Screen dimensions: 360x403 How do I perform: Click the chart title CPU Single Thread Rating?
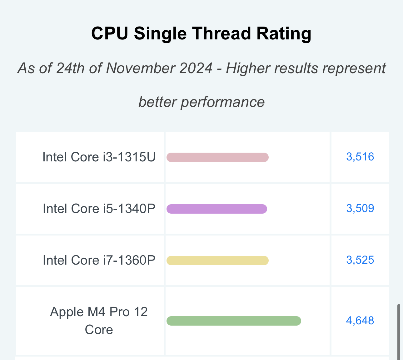(x=201, y=33)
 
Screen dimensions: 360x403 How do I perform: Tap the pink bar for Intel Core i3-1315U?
(x=217, y=157)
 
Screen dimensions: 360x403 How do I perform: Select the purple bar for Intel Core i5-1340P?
(x=217, y=209)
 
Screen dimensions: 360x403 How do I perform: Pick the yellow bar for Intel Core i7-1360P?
(x=217, y=261)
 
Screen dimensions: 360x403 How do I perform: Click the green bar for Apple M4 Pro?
(x=234, y=321)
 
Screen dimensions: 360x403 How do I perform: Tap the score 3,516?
(x=360, y=157)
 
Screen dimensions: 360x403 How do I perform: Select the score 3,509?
(x=360, y=208)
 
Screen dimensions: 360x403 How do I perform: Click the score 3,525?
(x=360, y=260)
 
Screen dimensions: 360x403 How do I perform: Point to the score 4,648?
(x=360, y=321)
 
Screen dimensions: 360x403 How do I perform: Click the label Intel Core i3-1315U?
(x=99, y=157)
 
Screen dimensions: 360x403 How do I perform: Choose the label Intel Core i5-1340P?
(x=99, y=209)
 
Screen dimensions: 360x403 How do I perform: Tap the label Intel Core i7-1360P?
(x=99, y=260)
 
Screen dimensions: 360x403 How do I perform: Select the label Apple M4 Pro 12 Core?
(x=99, y=321)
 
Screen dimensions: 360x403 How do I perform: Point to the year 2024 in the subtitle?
(x=196, y=68)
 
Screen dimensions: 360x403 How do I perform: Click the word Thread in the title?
(x=221, y=33)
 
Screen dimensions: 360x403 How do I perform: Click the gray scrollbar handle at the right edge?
(x=399, y=332)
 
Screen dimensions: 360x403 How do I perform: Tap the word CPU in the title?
(x=109, y=33)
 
